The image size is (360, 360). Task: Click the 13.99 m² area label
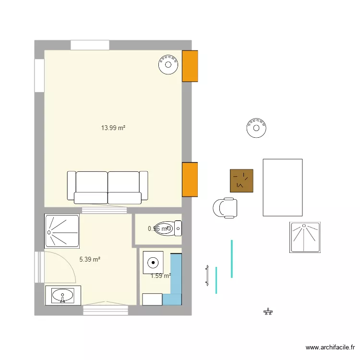click(x=113, y=128)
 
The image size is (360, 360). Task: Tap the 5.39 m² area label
click(x=90, y=259)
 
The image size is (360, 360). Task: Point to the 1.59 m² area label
click(x=161, y=276)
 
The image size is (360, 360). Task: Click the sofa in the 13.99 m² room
click(x=108, y=187)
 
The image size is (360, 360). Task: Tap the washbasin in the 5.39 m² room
click(x=62, y=295)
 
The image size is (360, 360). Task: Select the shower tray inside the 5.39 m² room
click(x=61, y=231)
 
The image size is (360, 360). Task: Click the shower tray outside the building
click(x=305, y=237)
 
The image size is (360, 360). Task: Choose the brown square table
click(x=241, y=181)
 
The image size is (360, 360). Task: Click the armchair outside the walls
click(x=225, y=208)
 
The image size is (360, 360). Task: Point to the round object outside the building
click(x=256, y=128)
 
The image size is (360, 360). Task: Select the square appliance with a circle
click(x=153, y=263)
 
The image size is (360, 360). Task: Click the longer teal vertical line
click(x=232, y=258)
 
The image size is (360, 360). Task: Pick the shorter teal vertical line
click(x=216, y=280)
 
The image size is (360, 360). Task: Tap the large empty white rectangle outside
click(x=283, y=187)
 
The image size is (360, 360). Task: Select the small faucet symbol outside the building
click(x=268, y=312)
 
